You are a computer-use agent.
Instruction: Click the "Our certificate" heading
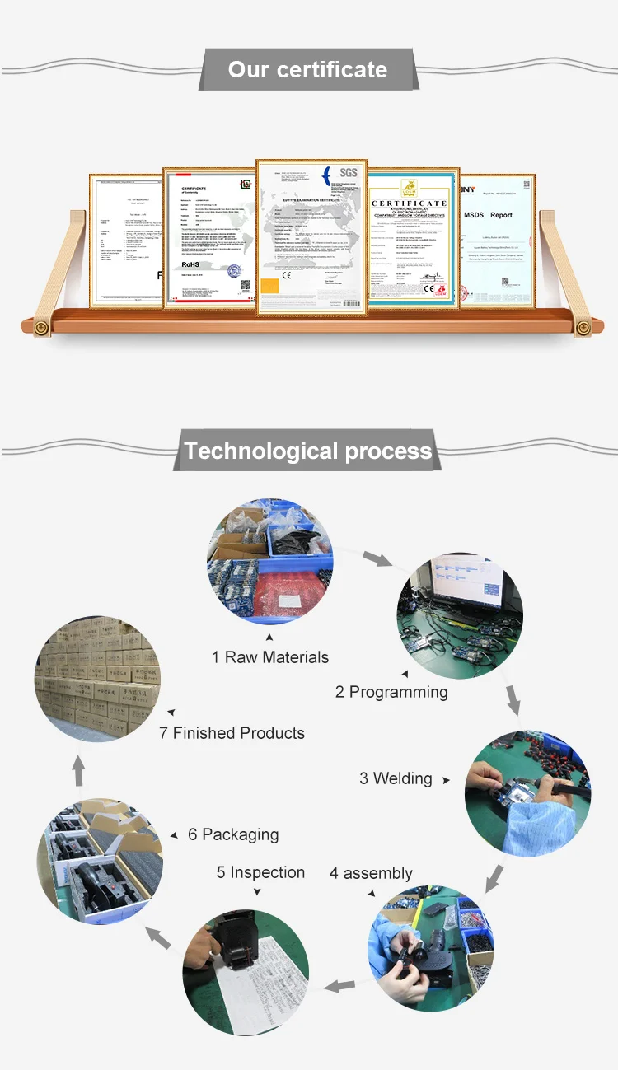point(307,69)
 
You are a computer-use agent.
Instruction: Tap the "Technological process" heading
point(307,451)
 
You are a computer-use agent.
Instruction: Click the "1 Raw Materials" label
point(269,657)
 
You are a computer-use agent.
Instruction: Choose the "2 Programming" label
point(391,692)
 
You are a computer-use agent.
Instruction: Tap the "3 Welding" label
point(396,778)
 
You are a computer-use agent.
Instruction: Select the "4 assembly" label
point(371,873)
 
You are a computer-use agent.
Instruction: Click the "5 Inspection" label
point(260,872)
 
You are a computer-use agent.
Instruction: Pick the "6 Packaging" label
point(233,834)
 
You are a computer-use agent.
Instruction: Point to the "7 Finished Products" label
point(232,733)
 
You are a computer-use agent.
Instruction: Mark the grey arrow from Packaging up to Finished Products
point(79,772)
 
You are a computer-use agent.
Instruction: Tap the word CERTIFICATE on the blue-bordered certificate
point(409,203)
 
